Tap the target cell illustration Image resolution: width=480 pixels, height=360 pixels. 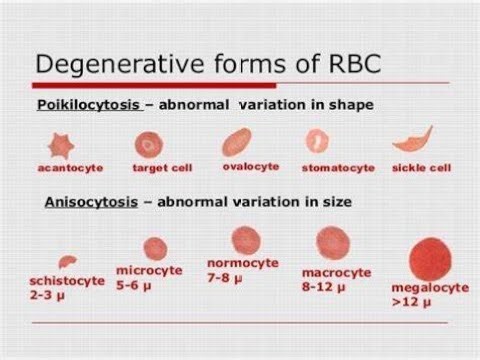tap(149, 145)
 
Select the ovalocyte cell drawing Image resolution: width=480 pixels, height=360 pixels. tap(236, 142)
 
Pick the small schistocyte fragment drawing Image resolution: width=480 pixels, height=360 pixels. tap(68, 261)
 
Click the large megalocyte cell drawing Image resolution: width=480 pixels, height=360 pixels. tap(431, 259)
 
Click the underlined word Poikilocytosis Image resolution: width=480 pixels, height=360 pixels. tap(89, 105)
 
